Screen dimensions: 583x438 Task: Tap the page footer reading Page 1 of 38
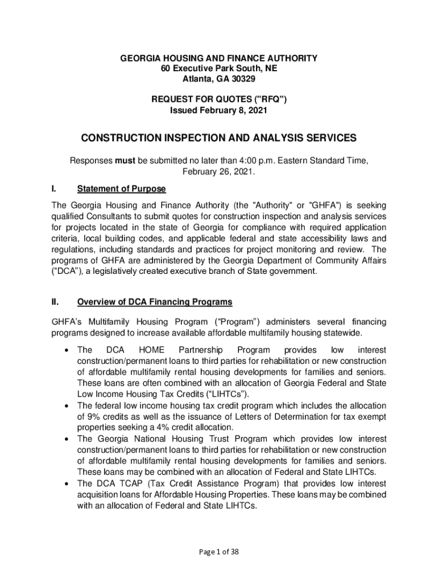(x=218, y=551)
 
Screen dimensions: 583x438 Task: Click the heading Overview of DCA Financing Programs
(x=155, y=301)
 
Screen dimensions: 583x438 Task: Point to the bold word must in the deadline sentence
(x=125, y=161)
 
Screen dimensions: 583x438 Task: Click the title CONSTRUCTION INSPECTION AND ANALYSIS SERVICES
(x=218, y=138)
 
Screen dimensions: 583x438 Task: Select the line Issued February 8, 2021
(x=218, y=110)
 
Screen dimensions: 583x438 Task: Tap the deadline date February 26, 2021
(x=218, y=171)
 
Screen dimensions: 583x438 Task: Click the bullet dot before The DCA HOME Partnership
(x=68, y=350)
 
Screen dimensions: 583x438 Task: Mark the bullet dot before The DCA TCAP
(x=68, y=484)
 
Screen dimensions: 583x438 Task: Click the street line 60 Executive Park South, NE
(x=218, y=69)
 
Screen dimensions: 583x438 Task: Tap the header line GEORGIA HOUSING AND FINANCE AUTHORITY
(x=218, y=59)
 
